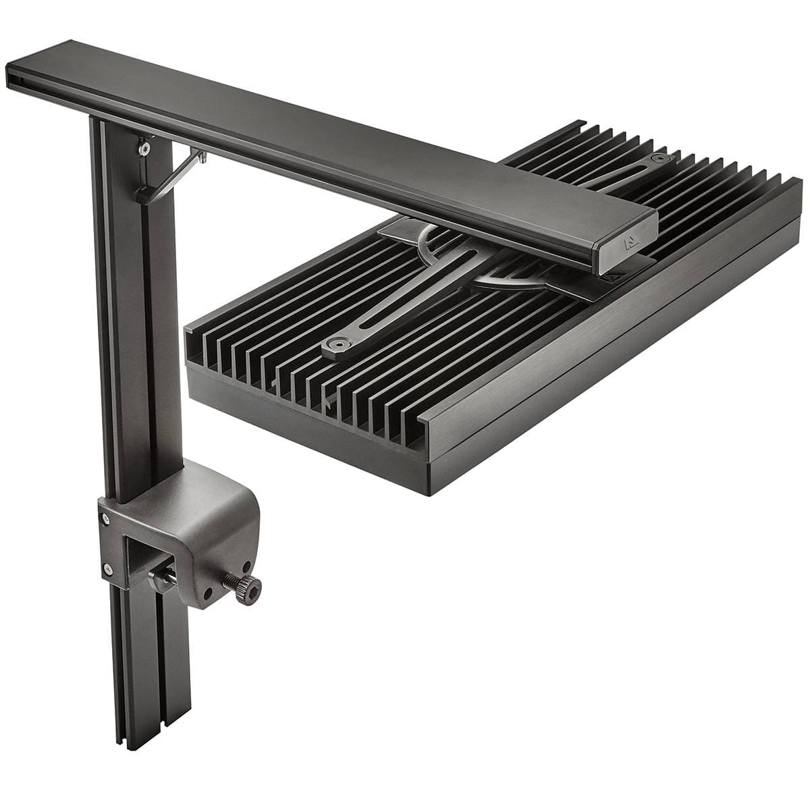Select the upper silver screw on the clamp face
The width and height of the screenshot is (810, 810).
point(105,518)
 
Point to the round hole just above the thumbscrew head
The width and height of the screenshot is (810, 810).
point(248,566)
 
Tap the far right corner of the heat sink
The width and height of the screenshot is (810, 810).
point(796,181)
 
